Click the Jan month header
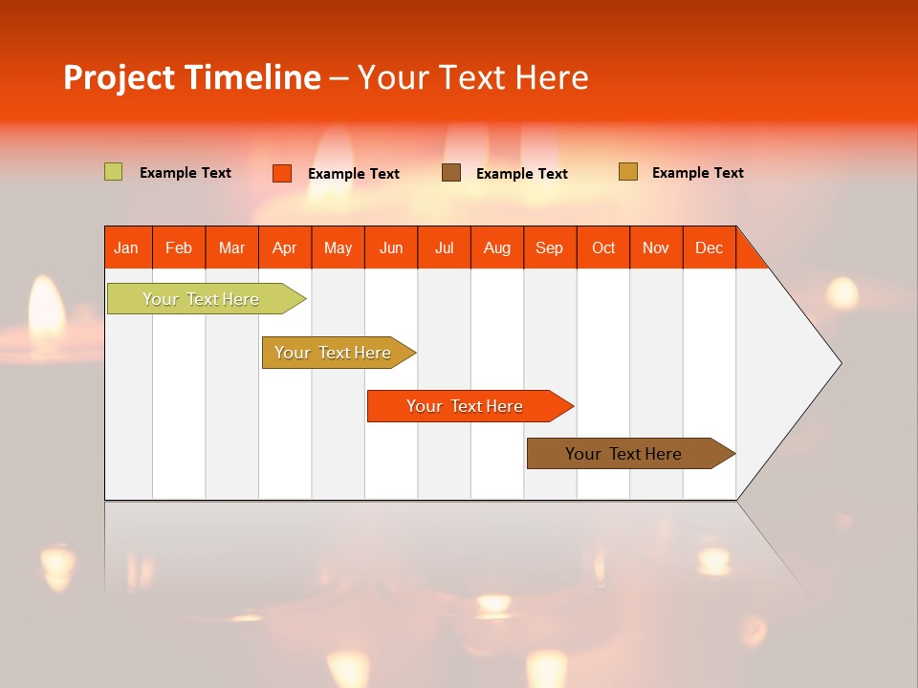(127, 247)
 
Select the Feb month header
(179, 247)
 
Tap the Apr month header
(285, 247)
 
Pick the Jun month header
(391, 247)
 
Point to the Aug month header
(497, 247)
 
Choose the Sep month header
(550, 247)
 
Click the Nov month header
(656, 247)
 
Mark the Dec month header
(709, 247)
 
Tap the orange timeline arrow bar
(466, 406)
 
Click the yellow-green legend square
(113, 172)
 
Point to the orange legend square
(282, 173)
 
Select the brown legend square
(451, 173)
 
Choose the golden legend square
(628, 172)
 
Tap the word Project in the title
(119, 77)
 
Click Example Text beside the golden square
(697, 173)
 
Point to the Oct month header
(603, 247)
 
